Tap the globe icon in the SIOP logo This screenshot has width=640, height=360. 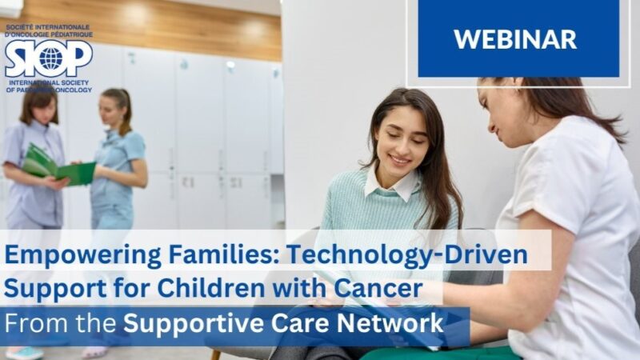pos(49,58)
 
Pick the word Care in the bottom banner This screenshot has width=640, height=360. pos(290,324)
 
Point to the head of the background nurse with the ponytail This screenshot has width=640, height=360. pos(115,108)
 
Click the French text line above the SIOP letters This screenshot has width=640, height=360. pos(48,32)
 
